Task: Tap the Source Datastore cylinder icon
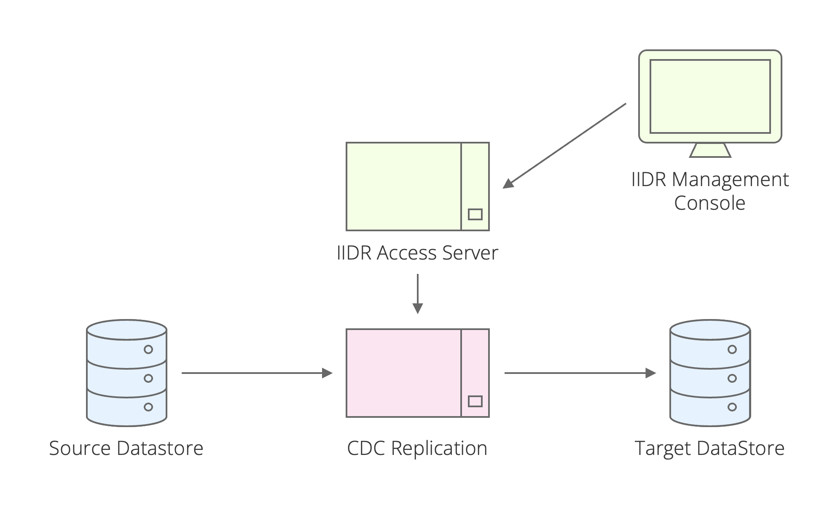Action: click(x=126, y=373)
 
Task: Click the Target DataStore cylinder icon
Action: click(x=710, y=373)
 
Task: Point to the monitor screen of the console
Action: click(x=710, y=96)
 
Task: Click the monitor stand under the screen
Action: click(x=710, y=151)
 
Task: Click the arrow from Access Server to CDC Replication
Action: click(x=417, y=294)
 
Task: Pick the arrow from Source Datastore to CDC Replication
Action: click(x=257, y=373)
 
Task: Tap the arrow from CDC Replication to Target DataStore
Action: click(x=580, y=373)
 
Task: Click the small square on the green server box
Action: click(x=475, y=214)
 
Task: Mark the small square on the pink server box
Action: click(x=475, y=401)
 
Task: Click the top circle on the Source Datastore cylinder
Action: click(x=148, y=349)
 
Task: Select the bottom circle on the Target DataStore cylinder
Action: click(x=732, y=407)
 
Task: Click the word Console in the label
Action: click(x=709, y=203)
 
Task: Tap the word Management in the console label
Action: click(x=730, y=180)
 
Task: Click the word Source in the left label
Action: click(x=80, y=448)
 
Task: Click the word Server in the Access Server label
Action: click(x=470, y=253)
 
